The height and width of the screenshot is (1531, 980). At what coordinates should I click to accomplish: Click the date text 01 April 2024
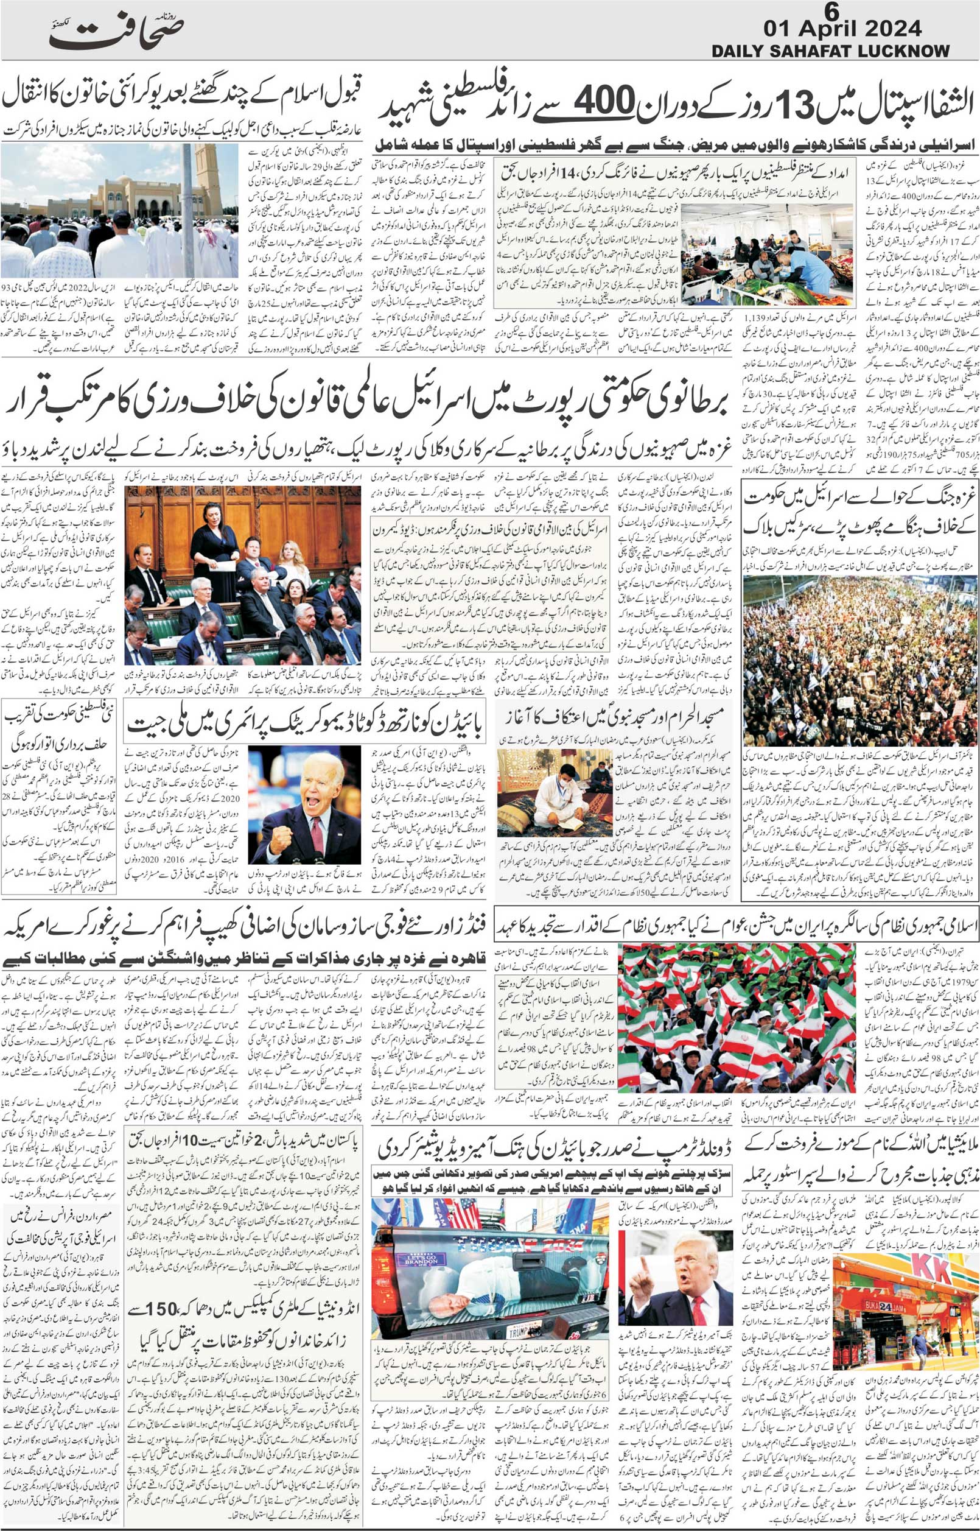coord(841,29)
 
